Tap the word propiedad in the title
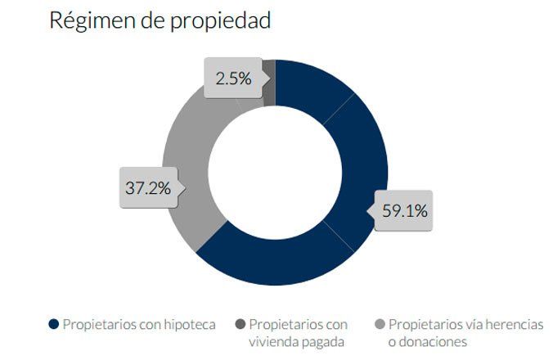coord(220,22)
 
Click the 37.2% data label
coord(146,187)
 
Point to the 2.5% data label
coord(232,79)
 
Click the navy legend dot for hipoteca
coord(54,325)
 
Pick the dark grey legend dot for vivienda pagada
coord(241,325)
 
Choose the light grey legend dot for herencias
coord(380,325)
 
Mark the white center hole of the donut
coord(274,172)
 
